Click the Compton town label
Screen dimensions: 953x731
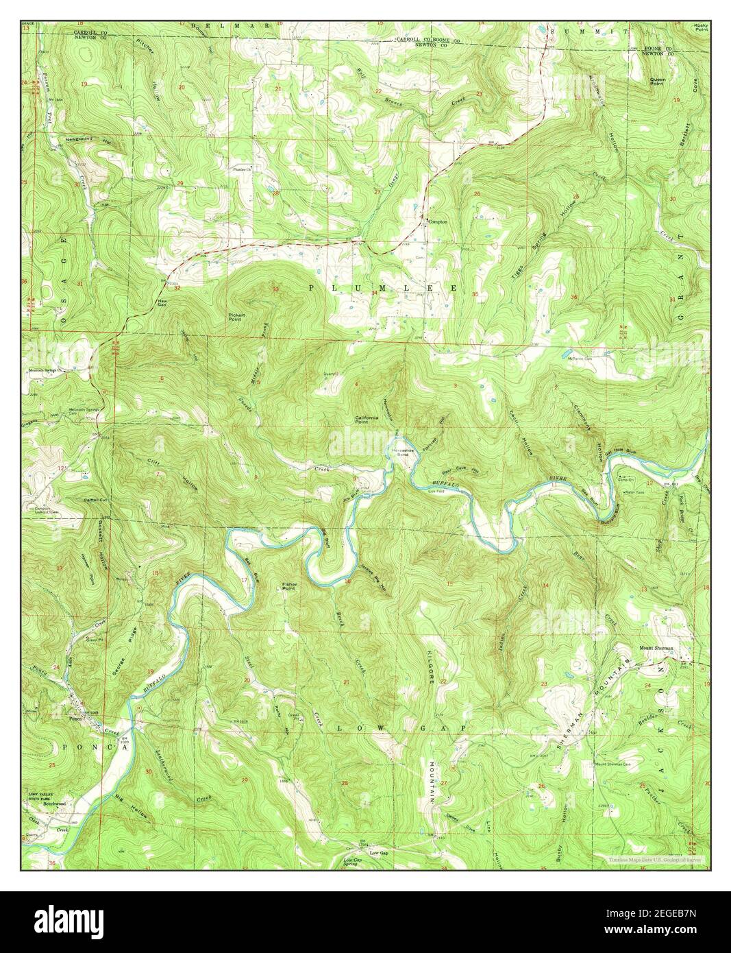click(437, 221)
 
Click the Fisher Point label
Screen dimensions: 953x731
click(289, 586)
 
